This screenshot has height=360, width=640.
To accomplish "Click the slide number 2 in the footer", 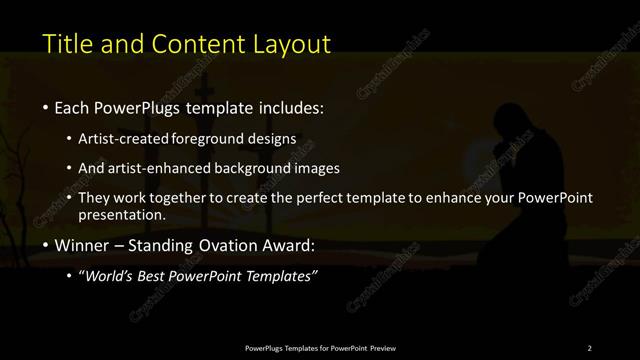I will (589, 347).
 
